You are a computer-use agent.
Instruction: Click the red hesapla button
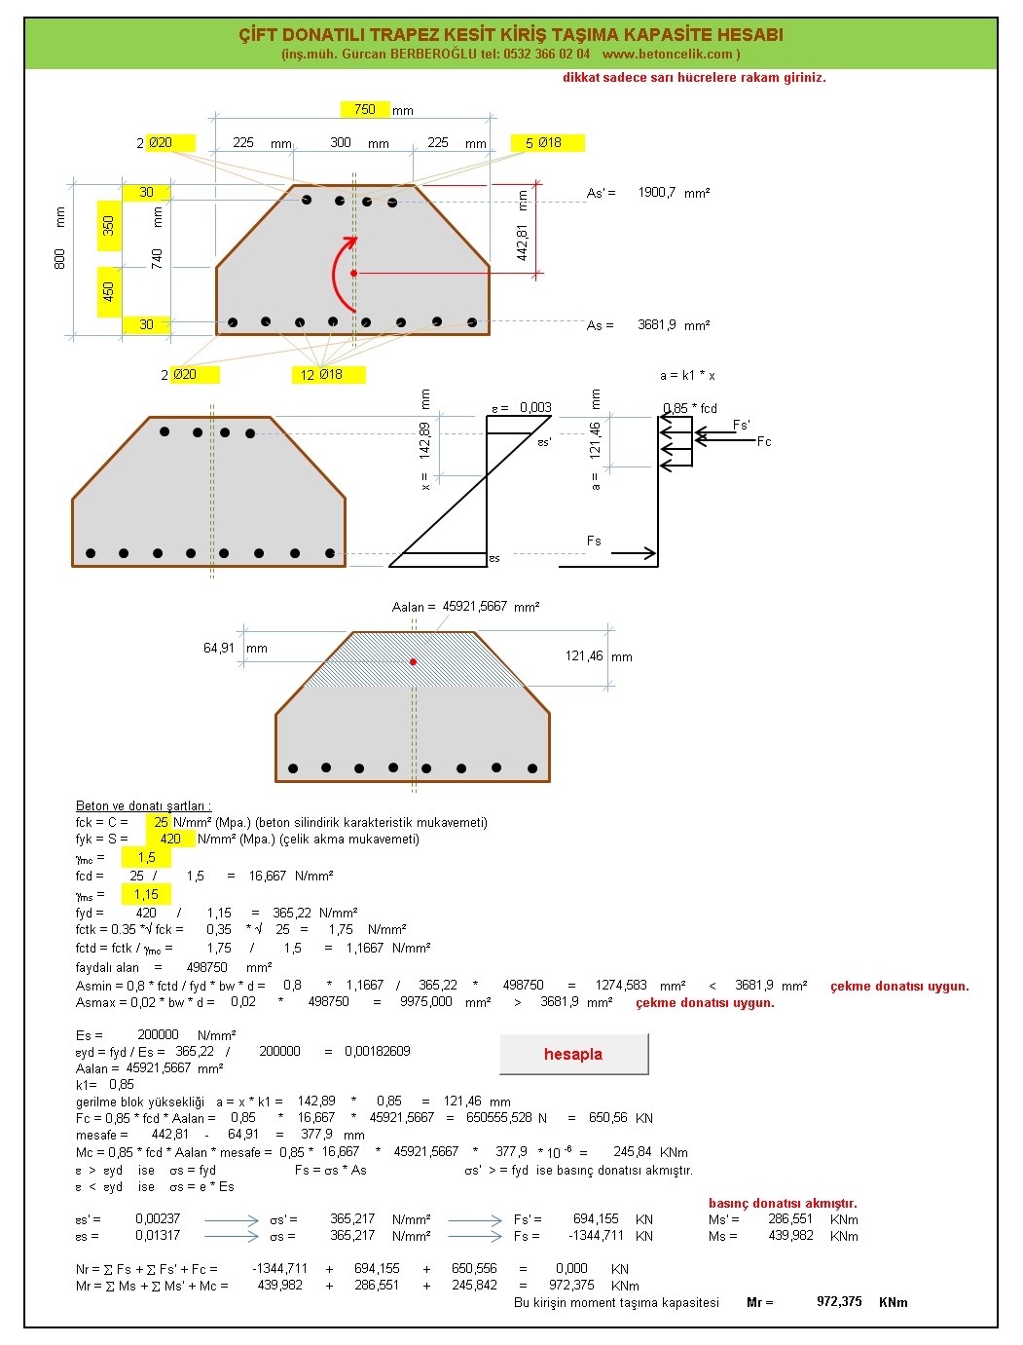(x=573, y=1054)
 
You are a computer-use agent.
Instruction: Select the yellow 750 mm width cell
(x=365, y=109)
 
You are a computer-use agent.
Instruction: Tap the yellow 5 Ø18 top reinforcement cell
(x=547, y=143)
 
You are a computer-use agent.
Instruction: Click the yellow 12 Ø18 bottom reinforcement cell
(x=329, y=374)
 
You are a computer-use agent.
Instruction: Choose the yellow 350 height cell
(x=109, y=225)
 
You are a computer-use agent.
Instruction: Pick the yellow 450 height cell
(x=109, y=291)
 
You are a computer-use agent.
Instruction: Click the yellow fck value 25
(x=160, y=822)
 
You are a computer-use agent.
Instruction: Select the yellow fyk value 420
(x=170, y=839)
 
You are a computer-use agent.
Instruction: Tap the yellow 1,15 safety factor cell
(x=146, y=894)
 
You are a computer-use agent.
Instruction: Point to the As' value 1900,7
(x=657, y=193)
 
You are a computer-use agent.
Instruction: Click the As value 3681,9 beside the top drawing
(x=657, y=324)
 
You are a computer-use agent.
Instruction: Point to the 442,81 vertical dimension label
(x=522, y=243)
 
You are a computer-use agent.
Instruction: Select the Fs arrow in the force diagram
(x=634, y=553)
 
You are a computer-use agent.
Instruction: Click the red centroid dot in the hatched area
(x=414, y=661)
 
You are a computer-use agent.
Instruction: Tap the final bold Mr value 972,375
(x=839, y=1301)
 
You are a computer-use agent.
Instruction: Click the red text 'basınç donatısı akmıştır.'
(x=783, y=1203)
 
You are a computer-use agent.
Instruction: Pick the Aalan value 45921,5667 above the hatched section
(x=474, y=606)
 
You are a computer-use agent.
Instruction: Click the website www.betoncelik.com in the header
(x=668, y=54)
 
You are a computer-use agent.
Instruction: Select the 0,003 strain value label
(x=535, y=407)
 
